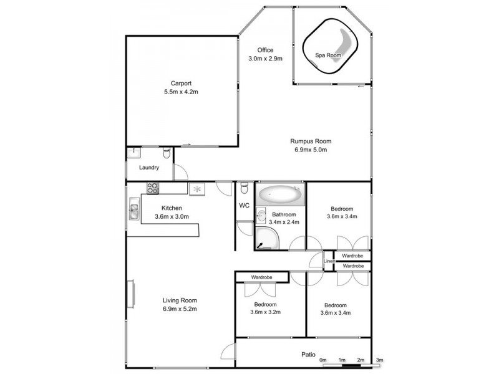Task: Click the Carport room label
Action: pos(181,83)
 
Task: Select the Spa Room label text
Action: pos(328,55)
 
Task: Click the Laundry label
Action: pos(148,168)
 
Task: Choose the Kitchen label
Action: pos(171,208)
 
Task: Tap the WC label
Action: pos(244,205)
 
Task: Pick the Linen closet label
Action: pos(328,261)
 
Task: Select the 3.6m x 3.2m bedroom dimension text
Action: pos(265,313)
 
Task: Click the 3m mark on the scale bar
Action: pos(380,360)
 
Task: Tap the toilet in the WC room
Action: pos(244,186)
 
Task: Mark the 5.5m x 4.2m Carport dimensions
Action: pos(181,92)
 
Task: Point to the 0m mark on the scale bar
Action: pos(323,360)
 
